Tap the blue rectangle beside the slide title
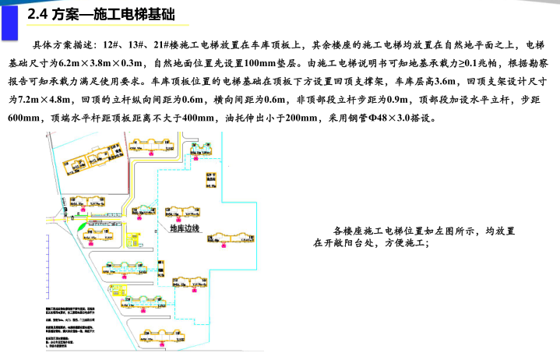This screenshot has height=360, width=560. tap(9, 19)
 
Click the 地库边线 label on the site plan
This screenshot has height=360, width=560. tap(184, 228)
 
